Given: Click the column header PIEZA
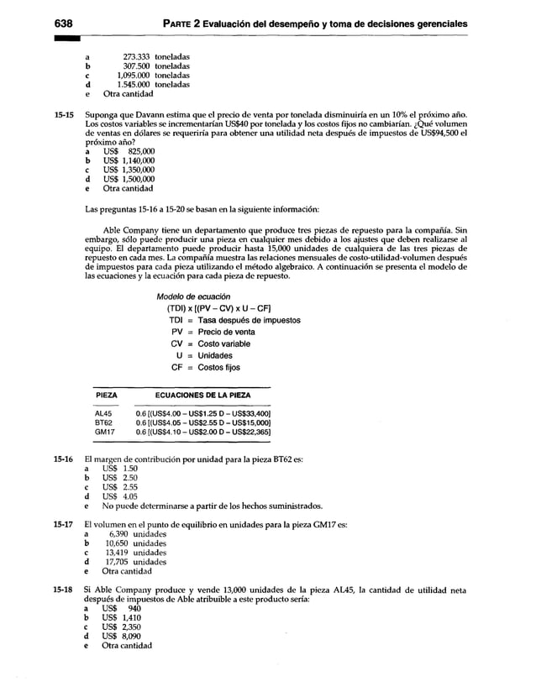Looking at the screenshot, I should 106,394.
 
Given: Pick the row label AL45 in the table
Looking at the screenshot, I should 103,413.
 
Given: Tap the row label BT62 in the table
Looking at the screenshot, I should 103,422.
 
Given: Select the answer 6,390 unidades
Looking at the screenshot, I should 137,534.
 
